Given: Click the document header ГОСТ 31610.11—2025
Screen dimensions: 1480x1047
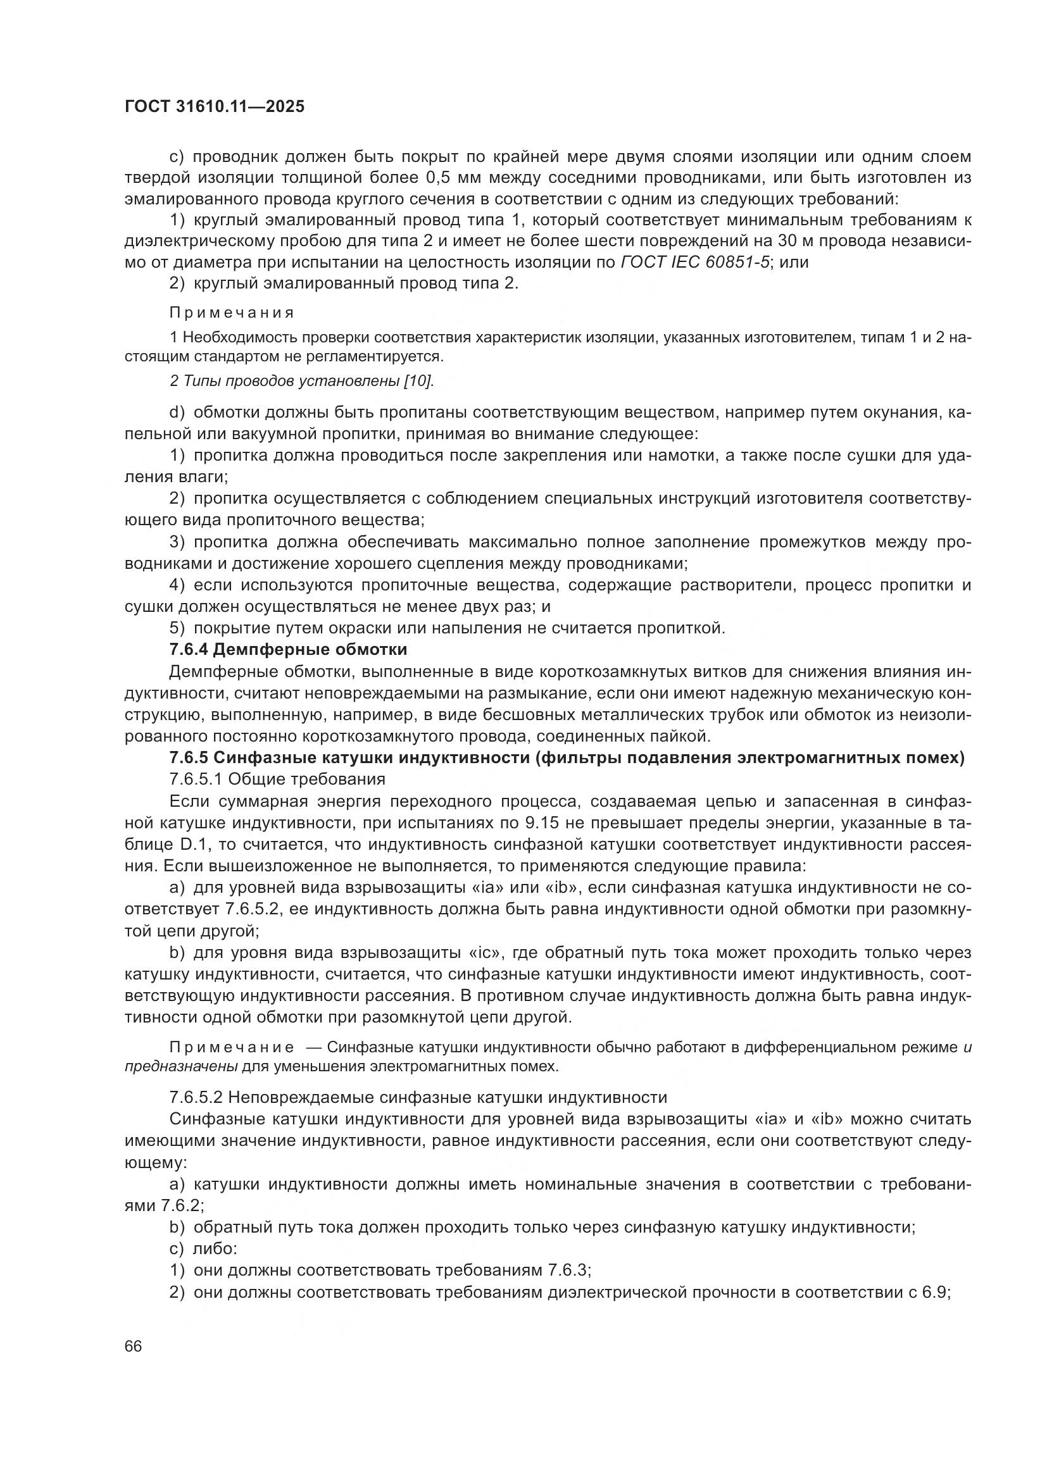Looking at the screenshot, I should click(x=214, y=107).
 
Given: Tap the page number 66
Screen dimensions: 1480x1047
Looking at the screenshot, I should click(x=133, y=1346).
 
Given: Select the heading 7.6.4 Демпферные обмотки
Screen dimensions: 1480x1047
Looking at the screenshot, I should click(x=288, y=649).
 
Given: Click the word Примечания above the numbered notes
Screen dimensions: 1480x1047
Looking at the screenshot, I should click(x=232, y=313).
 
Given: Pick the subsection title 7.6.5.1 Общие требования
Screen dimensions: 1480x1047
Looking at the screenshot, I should click(x=277, y=779).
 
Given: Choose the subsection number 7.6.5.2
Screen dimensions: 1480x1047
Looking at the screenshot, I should click(x=196, y=1097).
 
